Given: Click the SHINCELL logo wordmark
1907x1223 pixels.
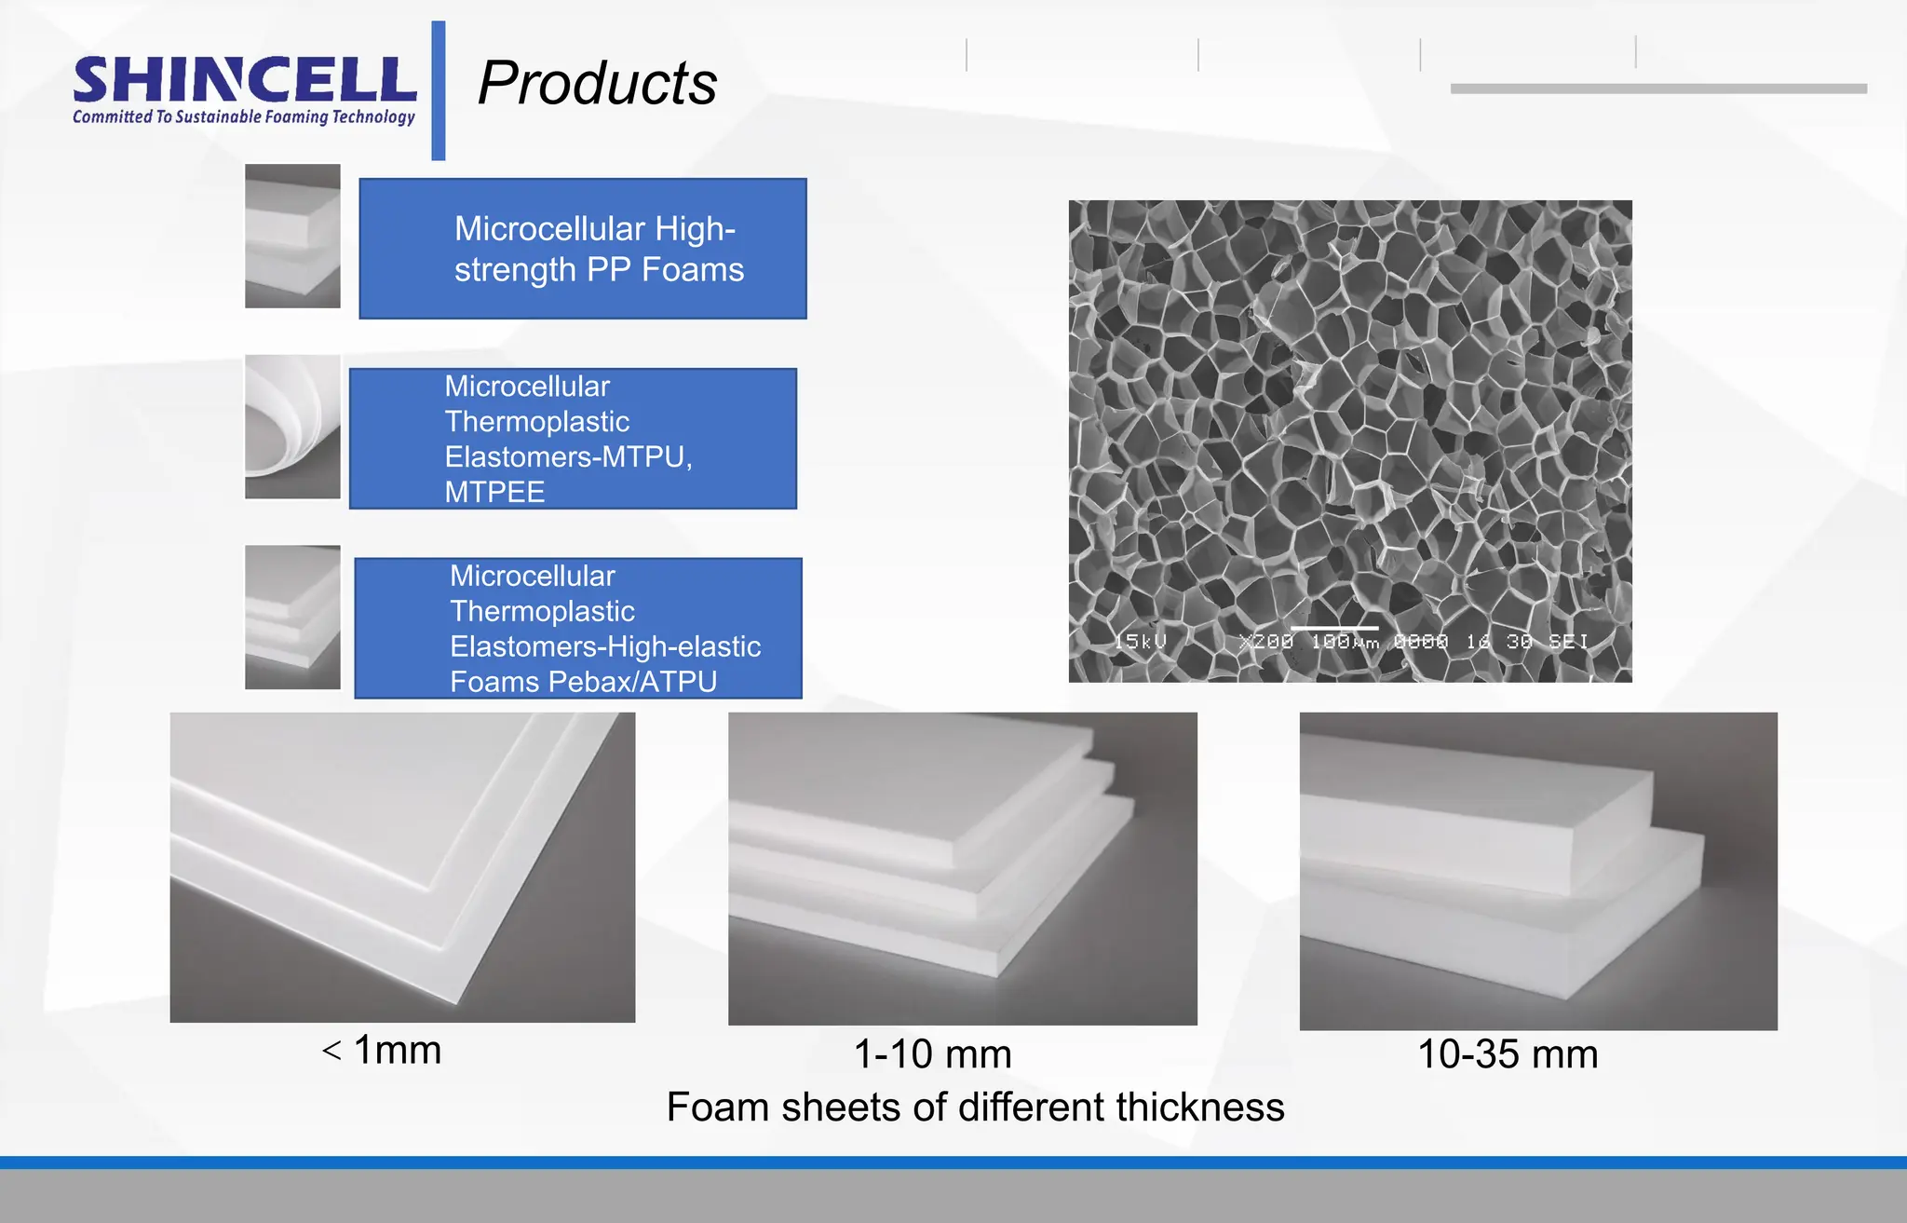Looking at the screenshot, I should click(244, 80).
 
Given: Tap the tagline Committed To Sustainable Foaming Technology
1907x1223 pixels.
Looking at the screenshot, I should click(244, 117).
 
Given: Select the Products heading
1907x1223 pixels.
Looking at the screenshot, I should click(597, 83).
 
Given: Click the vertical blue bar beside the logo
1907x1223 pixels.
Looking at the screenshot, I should click(439, 90).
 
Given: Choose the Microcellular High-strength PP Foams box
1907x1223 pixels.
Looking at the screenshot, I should click(583, 249).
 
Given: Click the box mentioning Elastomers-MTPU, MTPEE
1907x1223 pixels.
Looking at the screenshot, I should click(573, 439).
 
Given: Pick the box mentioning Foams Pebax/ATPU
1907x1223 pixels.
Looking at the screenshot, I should click(578, 629).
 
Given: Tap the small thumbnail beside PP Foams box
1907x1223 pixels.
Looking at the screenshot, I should click(292, 236).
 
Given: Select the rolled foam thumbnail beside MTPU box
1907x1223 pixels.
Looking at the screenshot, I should click(292, 427).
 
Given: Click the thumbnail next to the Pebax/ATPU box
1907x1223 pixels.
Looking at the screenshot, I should click(292, 618).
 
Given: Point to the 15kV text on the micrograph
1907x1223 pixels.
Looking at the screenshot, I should click(1141, 641).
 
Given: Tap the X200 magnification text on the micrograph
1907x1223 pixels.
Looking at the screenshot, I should click(1266, 641).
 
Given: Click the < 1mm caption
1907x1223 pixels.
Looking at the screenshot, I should click(382, 1050).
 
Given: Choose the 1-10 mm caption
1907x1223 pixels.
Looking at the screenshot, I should click(932, 1054).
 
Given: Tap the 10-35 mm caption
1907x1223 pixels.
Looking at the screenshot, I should click(1508, 1054).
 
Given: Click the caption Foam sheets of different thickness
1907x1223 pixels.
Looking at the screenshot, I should click(975, 1107).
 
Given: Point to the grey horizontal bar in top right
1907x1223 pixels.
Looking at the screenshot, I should click(1658, 88).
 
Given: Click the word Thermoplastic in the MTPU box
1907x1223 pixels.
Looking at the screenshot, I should click(537, 422).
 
